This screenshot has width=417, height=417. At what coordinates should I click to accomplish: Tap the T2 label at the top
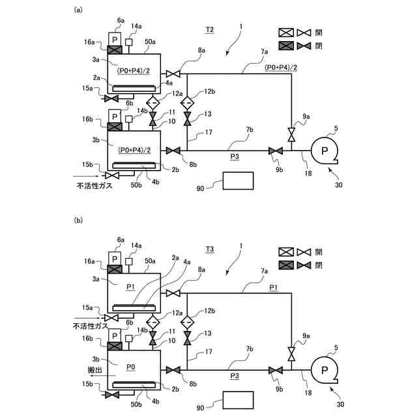coord(210,30)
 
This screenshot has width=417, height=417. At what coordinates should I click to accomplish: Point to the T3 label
coord(210,249)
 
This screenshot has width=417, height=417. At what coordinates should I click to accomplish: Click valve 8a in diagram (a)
coord(173,73)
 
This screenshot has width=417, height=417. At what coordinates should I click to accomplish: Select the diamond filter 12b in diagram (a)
coord(187,102)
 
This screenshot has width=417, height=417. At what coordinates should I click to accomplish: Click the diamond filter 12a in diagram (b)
coord(153,322)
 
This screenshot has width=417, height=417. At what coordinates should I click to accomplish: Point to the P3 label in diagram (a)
coord(235,157)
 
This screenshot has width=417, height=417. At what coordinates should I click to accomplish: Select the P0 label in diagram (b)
coord(131,367)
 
